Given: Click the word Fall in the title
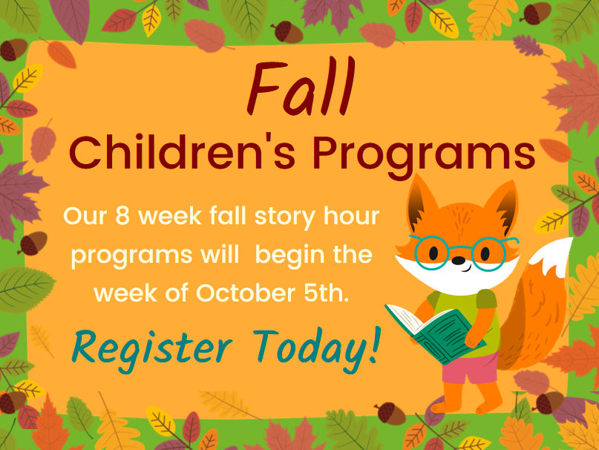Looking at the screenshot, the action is tap(301, 86).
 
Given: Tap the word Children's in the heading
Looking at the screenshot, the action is tap(183, 151).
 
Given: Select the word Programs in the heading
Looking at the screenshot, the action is tap(424, 156).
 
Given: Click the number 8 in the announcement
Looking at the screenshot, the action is tap(122, 216).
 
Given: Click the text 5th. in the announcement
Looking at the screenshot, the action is tap(327, 293).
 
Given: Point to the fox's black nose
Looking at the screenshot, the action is tap(459, 261).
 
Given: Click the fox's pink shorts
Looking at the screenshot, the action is tap(471, 368).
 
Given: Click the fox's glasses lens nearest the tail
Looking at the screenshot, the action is tap(488, 254).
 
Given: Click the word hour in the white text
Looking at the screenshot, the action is tap(351, 216).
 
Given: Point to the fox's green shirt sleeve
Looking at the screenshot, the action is tap(486, 299).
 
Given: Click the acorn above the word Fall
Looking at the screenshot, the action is tap(287, 32).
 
